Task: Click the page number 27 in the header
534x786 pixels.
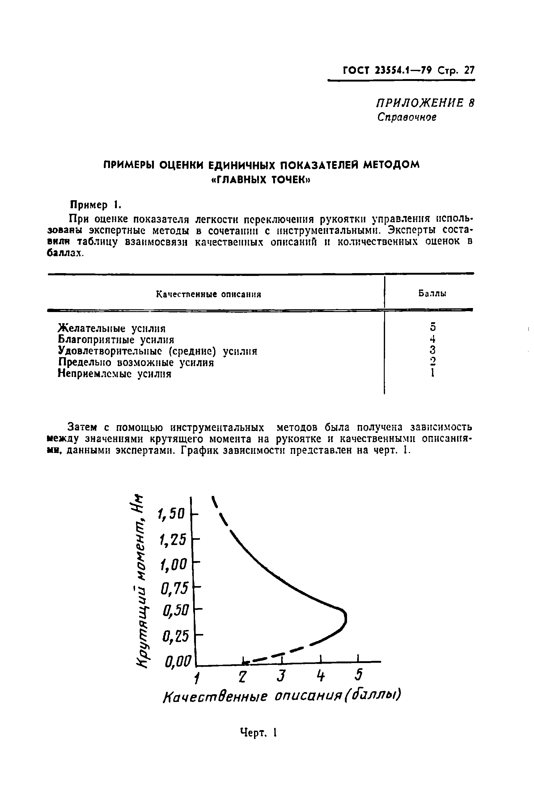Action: coord(469,71)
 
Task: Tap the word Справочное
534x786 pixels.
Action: coord(407,117)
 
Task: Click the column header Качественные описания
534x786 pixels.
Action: coord(209,294)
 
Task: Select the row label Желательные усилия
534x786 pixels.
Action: coord(112,328)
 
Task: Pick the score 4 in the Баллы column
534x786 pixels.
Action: coord(433,339)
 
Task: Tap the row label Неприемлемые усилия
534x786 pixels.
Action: coord(114,374)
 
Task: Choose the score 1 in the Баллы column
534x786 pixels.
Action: coord(433,373)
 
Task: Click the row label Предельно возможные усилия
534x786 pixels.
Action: coord(136,362)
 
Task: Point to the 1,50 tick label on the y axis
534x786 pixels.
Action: coord(171,514)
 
